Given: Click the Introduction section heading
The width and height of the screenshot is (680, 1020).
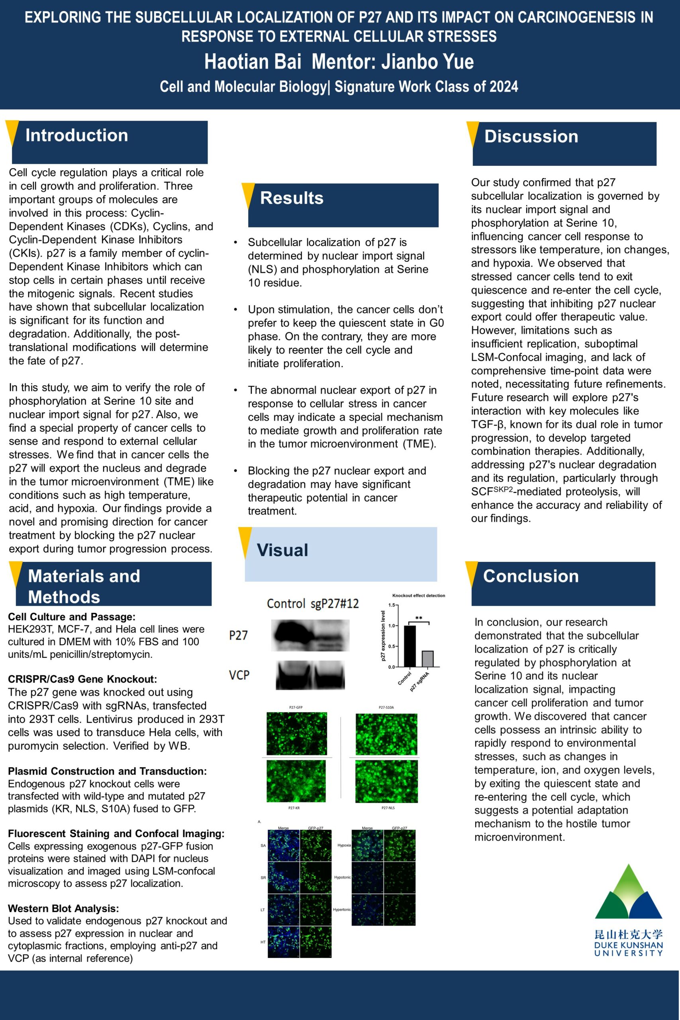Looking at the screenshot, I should coord(77,135).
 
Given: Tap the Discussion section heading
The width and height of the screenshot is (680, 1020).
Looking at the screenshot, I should coord(531,137).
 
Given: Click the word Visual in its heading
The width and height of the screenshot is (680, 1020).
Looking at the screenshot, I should coord(282,550).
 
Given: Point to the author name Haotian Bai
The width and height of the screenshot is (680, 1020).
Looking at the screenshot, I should coord(253,62).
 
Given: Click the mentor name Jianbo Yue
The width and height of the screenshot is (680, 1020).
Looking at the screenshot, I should coord(427,62).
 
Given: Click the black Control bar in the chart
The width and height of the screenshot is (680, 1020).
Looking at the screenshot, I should coord(410,646).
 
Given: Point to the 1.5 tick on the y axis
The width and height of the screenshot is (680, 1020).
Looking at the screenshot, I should coord(392,605).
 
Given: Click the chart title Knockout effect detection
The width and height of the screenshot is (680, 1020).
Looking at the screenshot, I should coord(419,595).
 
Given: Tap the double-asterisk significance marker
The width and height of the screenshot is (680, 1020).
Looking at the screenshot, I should coord(419,618).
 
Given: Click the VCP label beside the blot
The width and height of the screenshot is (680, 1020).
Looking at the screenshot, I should coord(239,675).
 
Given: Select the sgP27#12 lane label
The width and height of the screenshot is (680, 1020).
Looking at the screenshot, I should coord(335,603).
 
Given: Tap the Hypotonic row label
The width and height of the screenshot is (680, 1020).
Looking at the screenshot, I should coord(342,877).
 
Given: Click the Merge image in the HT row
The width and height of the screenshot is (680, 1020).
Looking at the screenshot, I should coord(283,942).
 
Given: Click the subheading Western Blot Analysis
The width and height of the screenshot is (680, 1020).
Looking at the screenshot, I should coord(63,908).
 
